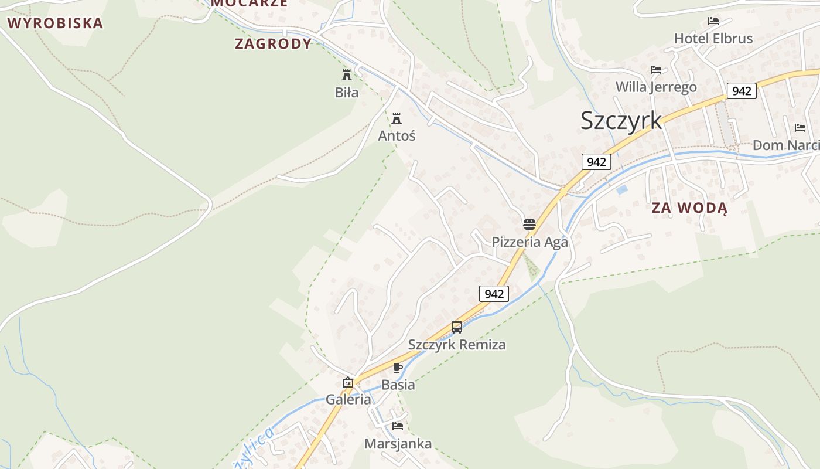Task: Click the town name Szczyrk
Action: point(621,120)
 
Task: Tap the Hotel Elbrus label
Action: point(713,39)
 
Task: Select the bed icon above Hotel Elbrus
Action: point(713,21)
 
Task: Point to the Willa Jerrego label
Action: point(656,87)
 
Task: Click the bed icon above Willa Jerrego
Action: point(656,70)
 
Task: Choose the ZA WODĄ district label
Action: point(689,208)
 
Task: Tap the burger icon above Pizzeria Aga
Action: point(529,225)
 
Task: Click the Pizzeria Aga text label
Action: point(529,242)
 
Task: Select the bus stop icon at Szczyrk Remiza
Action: point(457,327)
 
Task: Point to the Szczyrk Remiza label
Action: point(457,345)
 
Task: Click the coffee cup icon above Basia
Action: point(398,368)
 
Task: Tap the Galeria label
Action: point(348,400)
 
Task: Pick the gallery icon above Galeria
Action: point(348,382)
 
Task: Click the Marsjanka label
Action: point(398,444)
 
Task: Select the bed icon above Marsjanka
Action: point(398,426)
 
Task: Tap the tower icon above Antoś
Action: point(397,118)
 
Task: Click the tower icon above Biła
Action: point(347,75)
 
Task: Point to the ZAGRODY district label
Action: point(273,44)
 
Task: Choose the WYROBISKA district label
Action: point(55,23)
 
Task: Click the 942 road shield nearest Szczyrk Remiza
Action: point(494,294)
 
